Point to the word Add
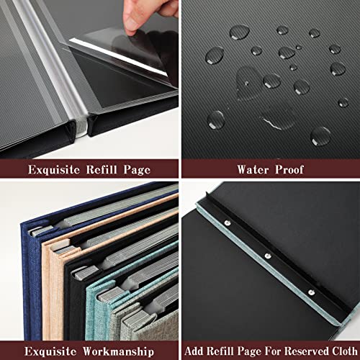tap(194, 351)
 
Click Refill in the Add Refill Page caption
tap(220, 351)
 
